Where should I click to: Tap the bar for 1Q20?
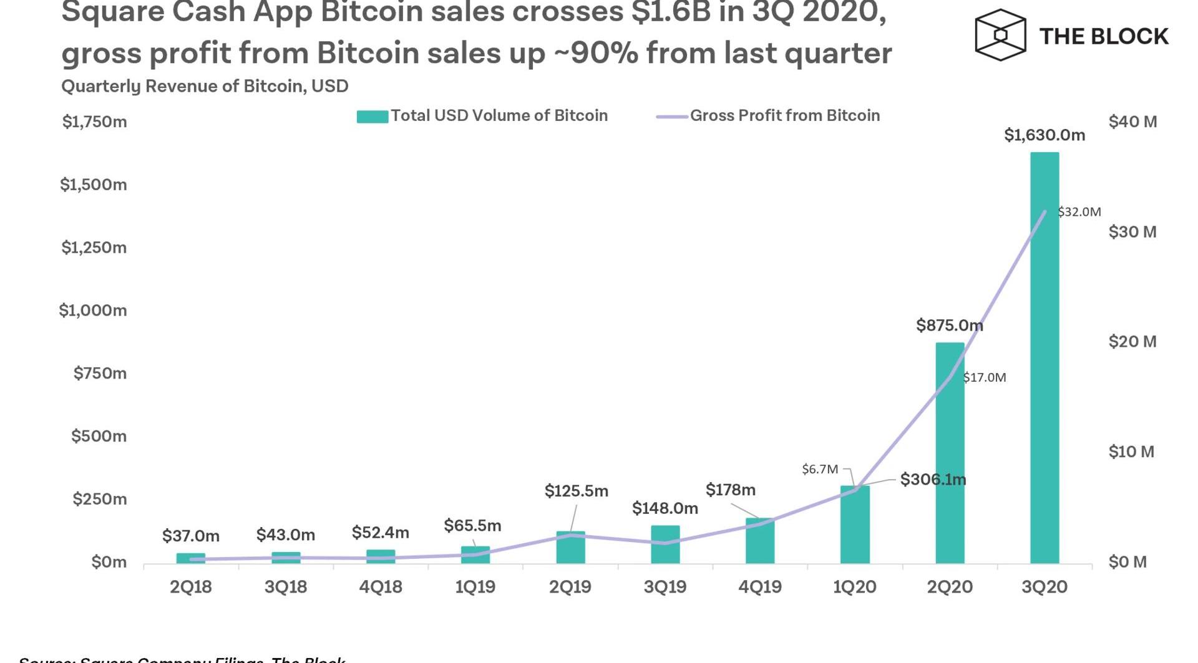click(855, 525)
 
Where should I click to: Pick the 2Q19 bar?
click(570, 547)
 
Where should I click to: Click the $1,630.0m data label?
click(1045, 135)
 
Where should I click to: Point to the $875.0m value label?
click(949, 325)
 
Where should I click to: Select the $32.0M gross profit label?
click(1079, 212)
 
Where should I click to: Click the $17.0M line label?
click(985, 377)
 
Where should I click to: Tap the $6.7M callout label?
click(820, 469)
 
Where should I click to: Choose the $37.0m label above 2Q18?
click(191, 536)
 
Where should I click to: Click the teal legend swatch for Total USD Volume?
click(373, 116)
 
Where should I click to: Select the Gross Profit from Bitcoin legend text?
click(785, 115)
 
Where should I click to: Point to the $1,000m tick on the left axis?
click(93, 310)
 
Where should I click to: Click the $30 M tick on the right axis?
click(1132, 232)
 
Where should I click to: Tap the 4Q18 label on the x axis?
click(381, 587)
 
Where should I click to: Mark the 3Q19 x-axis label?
click(665, 587)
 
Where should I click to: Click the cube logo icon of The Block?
click(1000, 35)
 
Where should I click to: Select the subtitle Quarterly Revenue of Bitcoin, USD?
click(205, 86)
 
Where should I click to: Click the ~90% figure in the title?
click(596, 53)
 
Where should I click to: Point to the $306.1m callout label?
click(933, 480)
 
